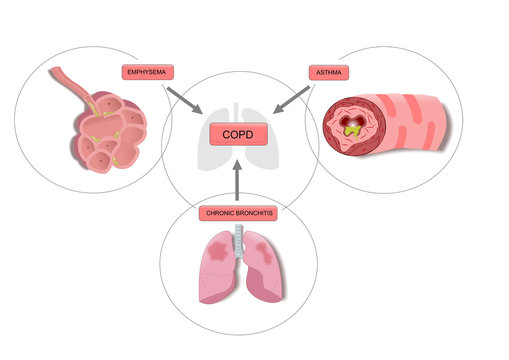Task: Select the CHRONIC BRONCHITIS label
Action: (239, 213)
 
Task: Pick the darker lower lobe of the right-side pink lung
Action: (266, 285)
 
